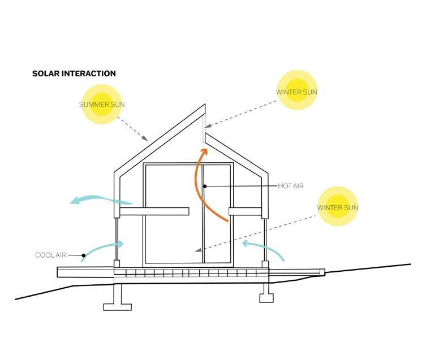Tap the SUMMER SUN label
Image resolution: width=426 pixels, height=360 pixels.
102,105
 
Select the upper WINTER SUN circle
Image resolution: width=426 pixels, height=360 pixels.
297,92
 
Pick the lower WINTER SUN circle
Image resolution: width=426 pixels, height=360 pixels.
338,207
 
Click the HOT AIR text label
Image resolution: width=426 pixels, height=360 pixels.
291,186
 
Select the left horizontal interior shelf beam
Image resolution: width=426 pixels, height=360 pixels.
154,211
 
